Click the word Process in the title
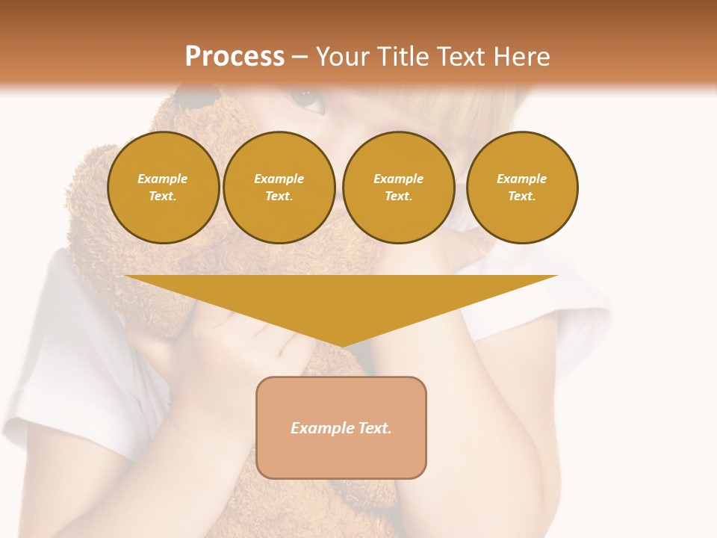click(x=235, y=57)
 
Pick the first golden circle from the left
click(x=164, y=188)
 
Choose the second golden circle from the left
click(x=279, y=188)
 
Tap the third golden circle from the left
click(x=399, y=188)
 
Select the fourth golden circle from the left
click(x=522, y=188)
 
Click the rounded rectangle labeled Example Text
click(x=341, y=427)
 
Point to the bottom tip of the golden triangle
click(x=342, y=345)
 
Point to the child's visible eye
click(x=307, y=98)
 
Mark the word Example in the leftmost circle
click(x=163, y=179)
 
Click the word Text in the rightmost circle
click(x=521, y=197)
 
